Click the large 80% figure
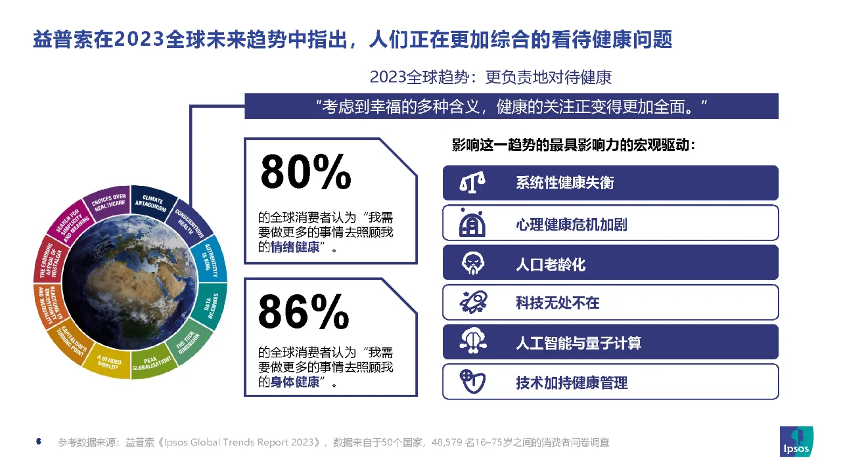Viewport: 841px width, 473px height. [x=306, y=172]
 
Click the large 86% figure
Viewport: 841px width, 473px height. [x=304, y=311]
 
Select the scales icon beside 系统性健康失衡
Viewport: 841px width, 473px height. [x=472, y=183]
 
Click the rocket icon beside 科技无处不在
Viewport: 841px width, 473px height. [x=472, y=302]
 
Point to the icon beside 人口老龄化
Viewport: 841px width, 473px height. [x=472, y=263]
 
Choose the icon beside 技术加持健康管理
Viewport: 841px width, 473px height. [x=472, y=382]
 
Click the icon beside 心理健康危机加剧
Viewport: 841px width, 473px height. [x=472, y=223]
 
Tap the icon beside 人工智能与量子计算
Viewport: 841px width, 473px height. [x=472, y=342]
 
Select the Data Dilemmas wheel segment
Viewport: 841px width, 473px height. [x=212, y=304]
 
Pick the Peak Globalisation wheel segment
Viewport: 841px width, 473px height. [x=152, y=363]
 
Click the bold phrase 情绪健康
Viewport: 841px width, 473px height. [x=296, y=248]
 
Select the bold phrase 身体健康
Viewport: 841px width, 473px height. [x=296, y=382]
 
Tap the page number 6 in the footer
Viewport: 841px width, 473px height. [x=38, y=442]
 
